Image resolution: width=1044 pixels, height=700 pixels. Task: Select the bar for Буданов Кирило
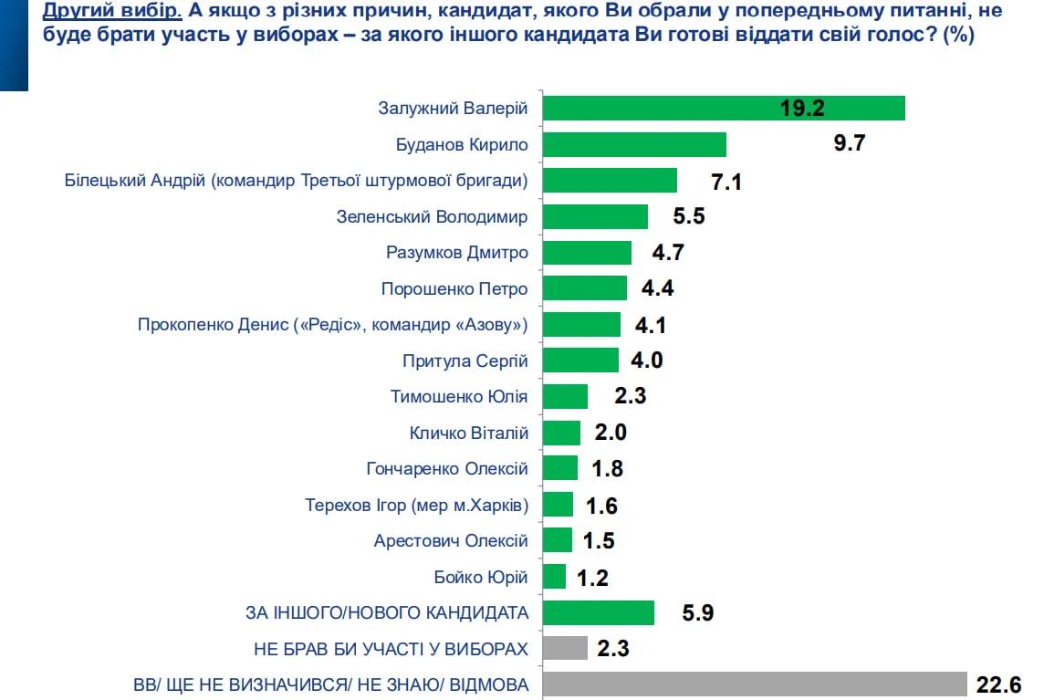tap(634, 144)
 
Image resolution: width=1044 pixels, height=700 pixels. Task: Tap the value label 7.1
tap(726, 182)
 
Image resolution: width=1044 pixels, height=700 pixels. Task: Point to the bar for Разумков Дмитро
tap(587, 253)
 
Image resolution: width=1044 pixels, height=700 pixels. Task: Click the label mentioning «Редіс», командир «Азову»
tap(333, 325)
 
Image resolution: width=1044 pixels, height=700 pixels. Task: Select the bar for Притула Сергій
tap(580, 360)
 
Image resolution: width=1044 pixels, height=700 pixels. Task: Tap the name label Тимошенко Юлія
tap(458, 397)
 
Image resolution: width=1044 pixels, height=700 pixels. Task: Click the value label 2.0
tap(611, 433)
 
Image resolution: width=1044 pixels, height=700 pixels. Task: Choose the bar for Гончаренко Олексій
tap(560, 468)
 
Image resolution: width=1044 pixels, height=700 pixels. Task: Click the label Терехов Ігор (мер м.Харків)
tap(416, 505)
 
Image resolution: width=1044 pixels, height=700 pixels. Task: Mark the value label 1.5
tap(598, 540)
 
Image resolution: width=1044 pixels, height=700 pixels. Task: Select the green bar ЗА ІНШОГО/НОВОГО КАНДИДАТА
tap(599, 612)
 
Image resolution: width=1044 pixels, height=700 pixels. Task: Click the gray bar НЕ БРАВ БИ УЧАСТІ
tap(565, 648)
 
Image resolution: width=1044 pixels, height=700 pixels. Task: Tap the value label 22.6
tap(998, 684)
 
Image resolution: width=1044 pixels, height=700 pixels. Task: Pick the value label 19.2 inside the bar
tap(802, 109)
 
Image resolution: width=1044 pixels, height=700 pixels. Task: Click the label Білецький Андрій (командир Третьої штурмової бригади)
tap(297, 181)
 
